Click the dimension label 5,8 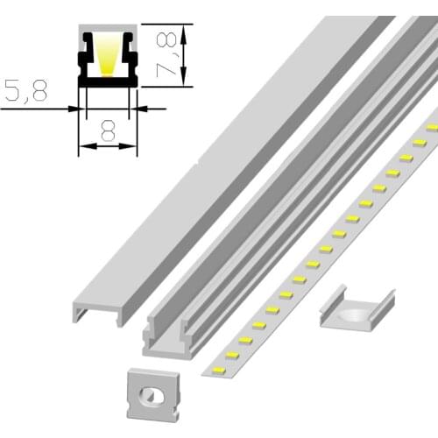[x=26, y=90]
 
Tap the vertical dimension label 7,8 [x=166, y=55]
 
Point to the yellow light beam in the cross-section [x=108, y=57]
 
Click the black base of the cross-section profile [x=108, y=81]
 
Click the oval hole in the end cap [x=150, y=396]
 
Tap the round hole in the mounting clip [x=352, y=314]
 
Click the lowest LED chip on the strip [x=219, y=371]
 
